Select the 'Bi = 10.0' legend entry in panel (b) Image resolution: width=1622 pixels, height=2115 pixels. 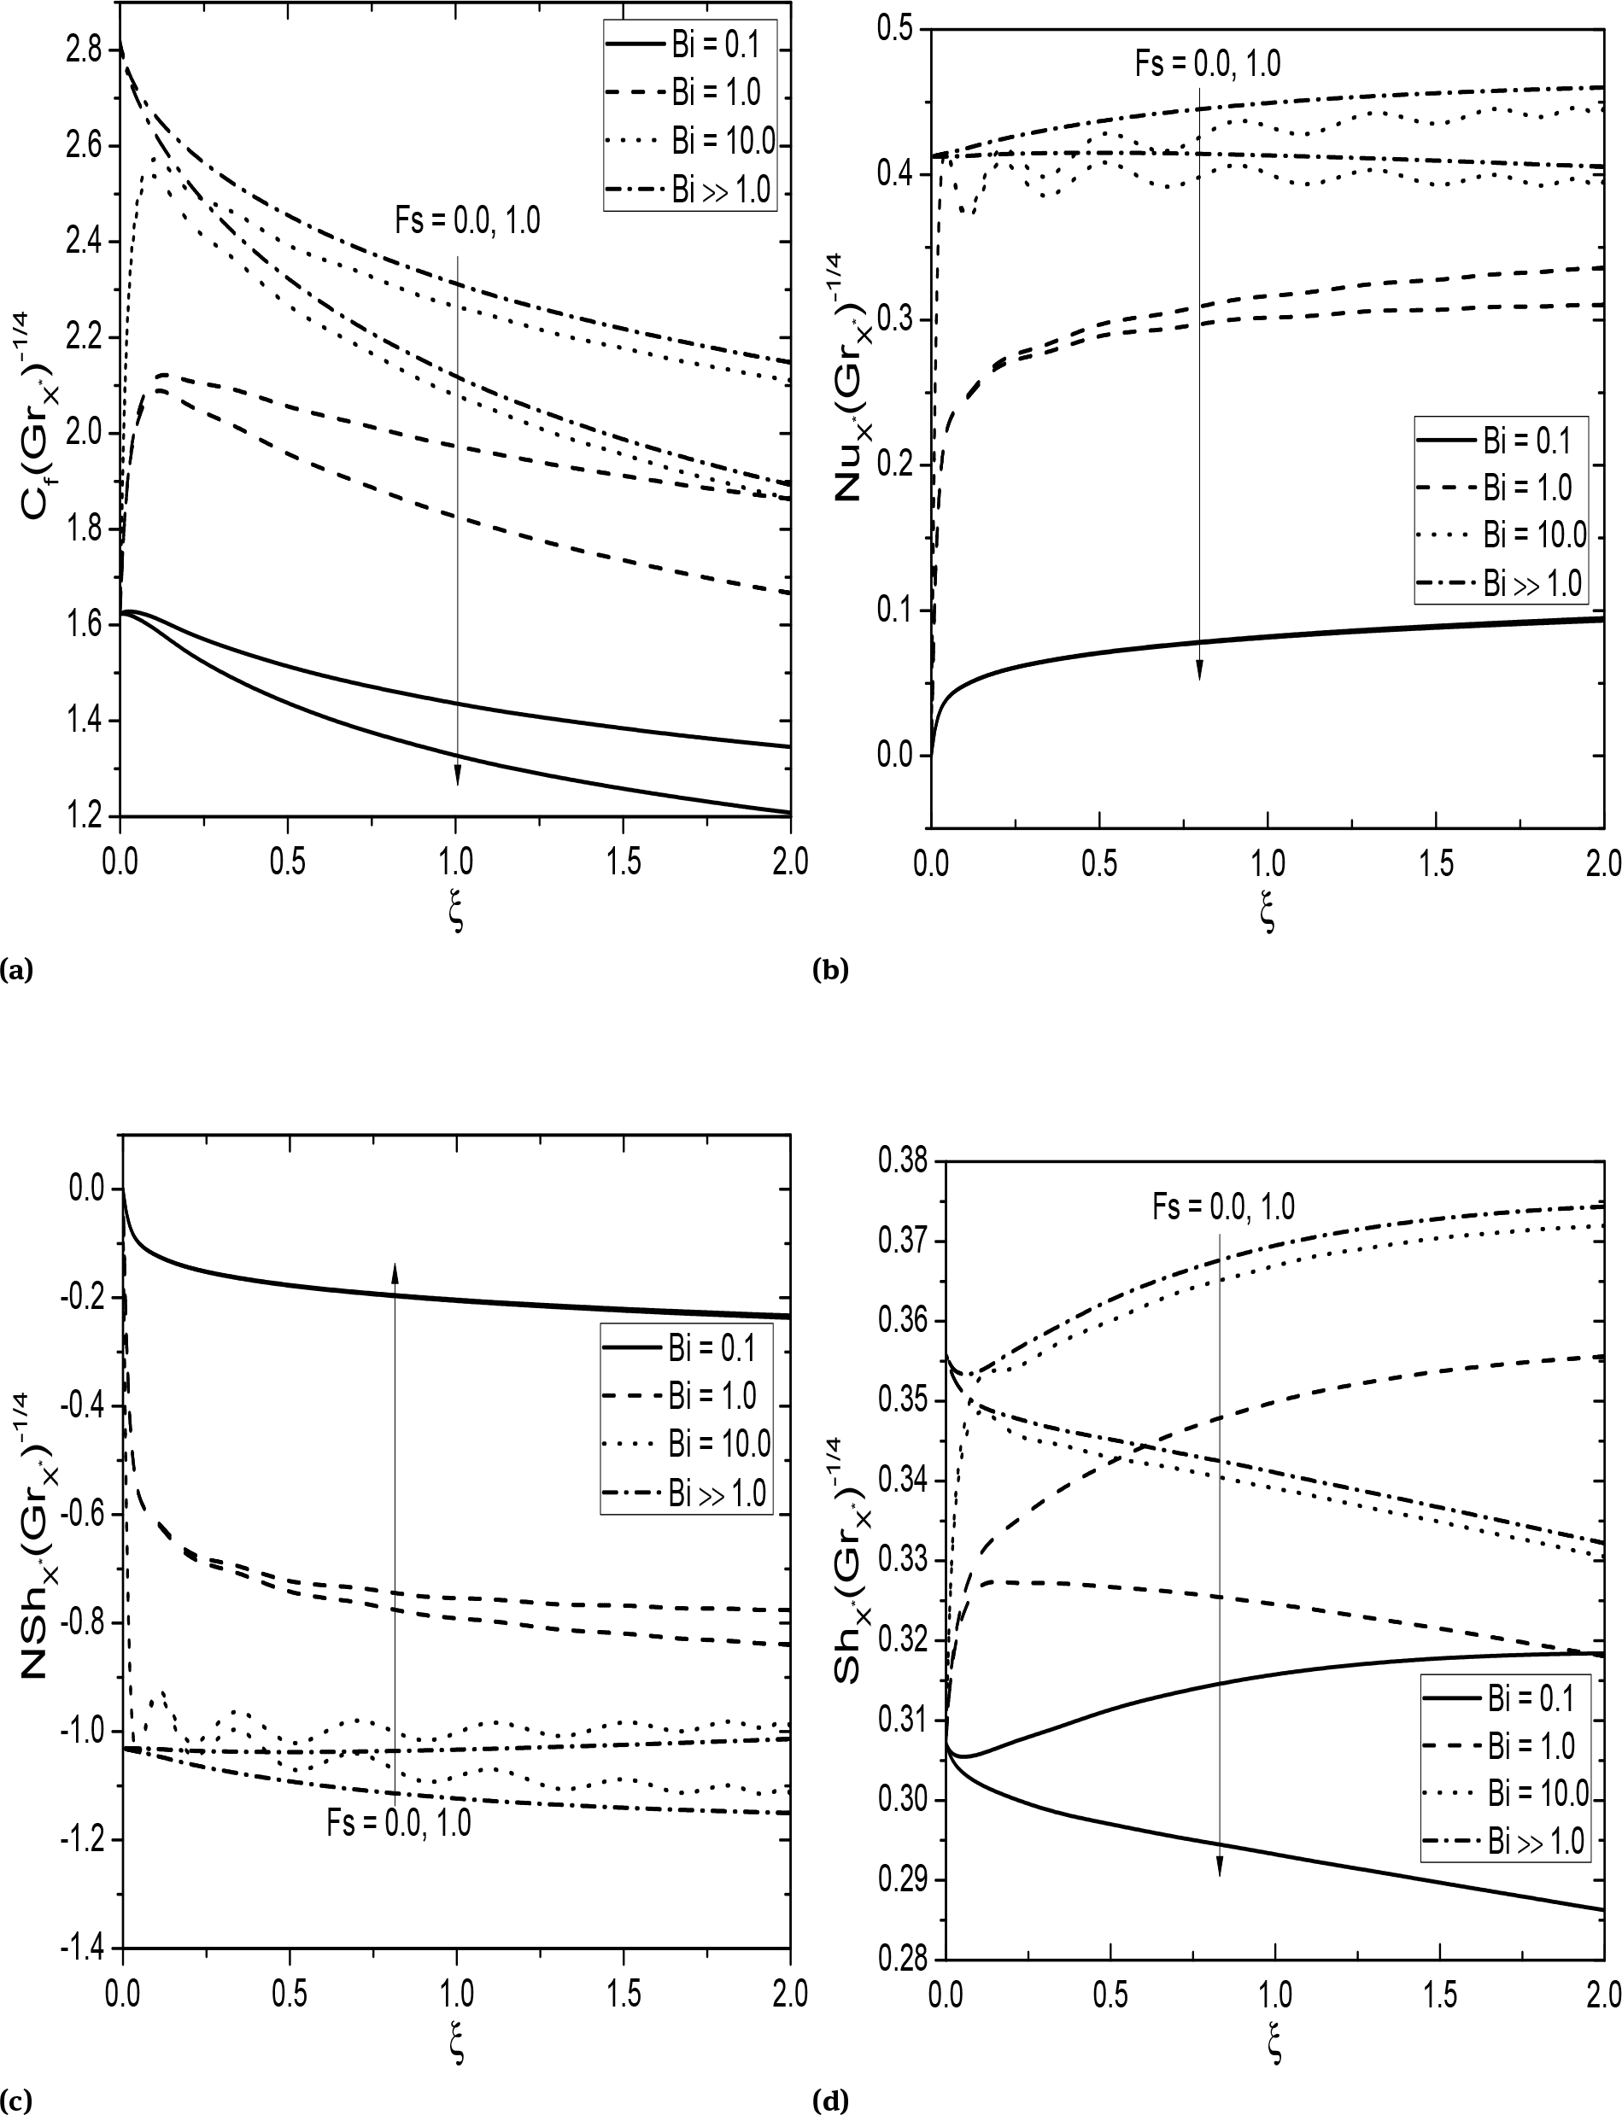[x=1534, y=535]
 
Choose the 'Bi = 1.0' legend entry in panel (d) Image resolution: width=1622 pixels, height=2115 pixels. [x=1531, y=1745]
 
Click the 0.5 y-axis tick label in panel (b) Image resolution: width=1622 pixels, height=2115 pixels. [x=895, y=29]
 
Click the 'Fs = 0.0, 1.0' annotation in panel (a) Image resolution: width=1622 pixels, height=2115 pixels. [x=467, y=221]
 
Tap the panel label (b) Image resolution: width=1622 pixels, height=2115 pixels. [x=830, y=969]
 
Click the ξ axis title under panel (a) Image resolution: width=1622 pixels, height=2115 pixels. [x=457, y=912]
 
